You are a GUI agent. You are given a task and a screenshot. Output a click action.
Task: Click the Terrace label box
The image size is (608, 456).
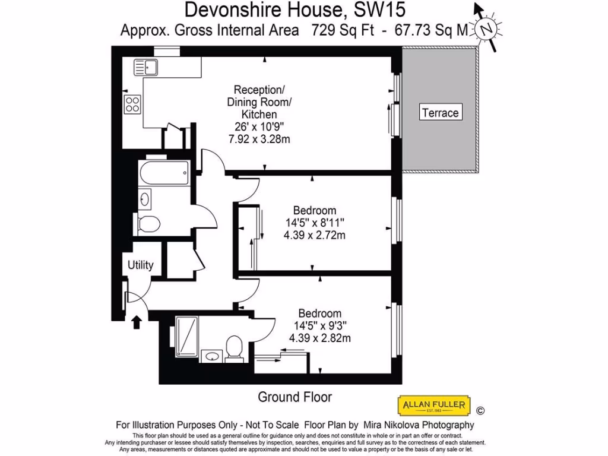[x=440, y=112]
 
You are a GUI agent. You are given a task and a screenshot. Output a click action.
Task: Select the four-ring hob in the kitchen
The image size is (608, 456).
[x=132, y=104]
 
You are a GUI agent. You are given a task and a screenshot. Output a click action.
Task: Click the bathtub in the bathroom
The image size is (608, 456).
[x=163, y=173]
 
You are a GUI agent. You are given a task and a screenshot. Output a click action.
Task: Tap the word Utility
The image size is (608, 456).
[x=141, y=265]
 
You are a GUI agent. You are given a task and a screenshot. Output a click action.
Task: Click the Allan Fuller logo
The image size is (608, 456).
[x=433, y=407]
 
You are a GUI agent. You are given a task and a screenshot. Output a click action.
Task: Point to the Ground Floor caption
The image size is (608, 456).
[x=294, y=397]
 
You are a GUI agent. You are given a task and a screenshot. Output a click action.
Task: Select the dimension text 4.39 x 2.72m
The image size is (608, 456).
[x=315, y=235]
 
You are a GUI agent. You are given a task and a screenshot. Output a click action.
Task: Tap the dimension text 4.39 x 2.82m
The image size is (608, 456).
[x=319, y=338]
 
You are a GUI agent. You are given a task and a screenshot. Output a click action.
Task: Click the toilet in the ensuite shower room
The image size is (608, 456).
[x=235, y=348]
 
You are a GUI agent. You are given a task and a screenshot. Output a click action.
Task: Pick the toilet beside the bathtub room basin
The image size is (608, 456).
[x=148, y=224]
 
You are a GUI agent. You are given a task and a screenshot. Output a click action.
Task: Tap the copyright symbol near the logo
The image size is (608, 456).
[x=480, y=410]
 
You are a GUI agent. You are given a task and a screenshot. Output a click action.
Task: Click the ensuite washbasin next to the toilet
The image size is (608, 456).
[x=211, y=356]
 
